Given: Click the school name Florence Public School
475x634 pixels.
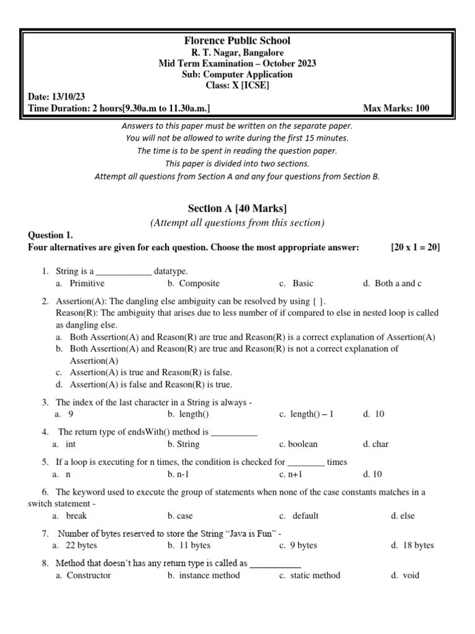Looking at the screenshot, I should pyautogui.click(x=237, y=41).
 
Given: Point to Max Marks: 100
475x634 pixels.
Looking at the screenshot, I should pyautogui.click(x=396, y=108).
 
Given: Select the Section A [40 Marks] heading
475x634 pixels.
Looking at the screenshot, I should pyautogui.click(x=237, y=207).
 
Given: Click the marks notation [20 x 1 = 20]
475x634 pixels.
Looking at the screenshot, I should pyautogui.click(x=415, y=247).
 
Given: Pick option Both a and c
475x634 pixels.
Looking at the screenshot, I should pyautogui.click(x=398, y=283).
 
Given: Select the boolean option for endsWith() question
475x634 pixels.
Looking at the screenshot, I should pyautogui.click(x=303, y=444).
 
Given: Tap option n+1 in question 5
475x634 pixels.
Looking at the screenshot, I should pyautogui.click(x=296, y=474).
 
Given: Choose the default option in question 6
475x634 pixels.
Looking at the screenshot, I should pyautogui.click(x=305, y=515).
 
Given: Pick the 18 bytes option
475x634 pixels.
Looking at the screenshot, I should pyautogui.click(x=417, y=545).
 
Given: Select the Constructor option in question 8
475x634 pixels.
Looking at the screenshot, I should pyautogui.click(x=88, y=575).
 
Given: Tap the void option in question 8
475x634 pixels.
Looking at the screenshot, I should pyautogui.click(x=410, y=575).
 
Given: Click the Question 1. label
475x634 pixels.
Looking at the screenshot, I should pyautogui.click(x=51, y=235).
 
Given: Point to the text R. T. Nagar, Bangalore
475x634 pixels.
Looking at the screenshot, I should pyautogui.click(x=237, y=53).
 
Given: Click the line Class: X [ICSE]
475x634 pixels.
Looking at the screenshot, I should pyautogui.click(x=237, y=85).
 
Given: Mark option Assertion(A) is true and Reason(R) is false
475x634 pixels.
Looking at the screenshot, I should pyautogui.click(x=151, y=372).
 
